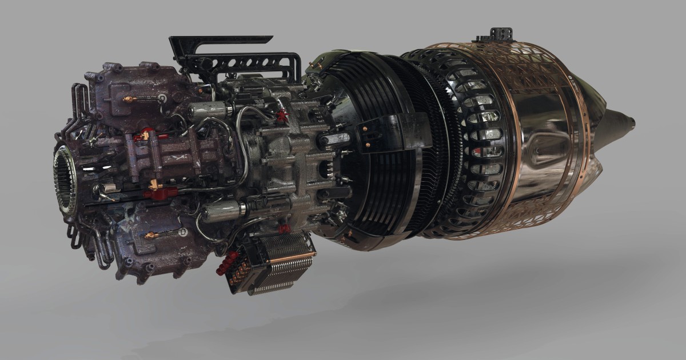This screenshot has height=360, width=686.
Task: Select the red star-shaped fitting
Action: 281,116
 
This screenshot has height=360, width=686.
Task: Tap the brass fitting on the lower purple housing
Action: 150,235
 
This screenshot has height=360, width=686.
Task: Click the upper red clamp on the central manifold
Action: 147,135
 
